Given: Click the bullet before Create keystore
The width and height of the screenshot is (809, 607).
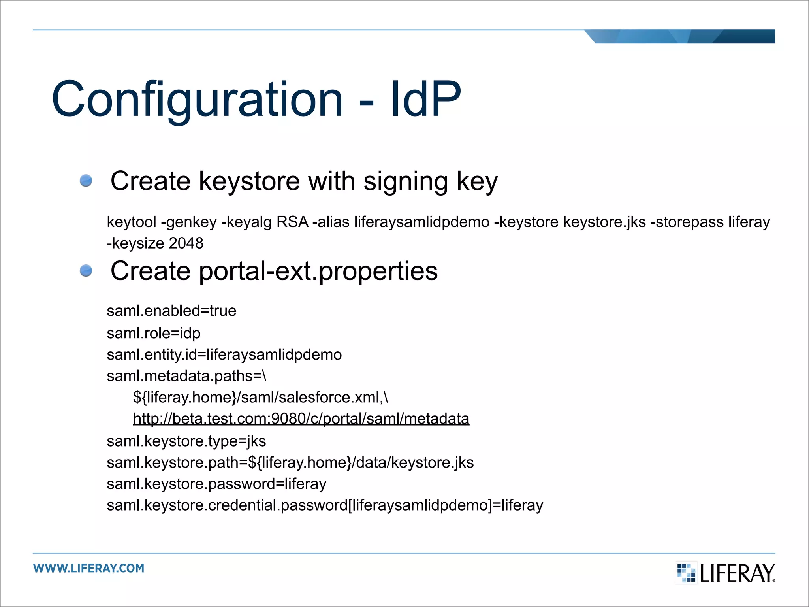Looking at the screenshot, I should pos(86,181).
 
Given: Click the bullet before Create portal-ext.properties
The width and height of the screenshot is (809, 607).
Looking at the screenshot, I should pos(86,271).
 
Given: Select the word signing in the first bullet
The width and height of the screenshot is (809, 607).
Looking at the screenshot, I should pos(405,181).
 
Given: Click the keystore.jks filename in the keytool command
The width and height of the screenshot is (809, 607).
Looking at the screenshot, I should pos(604,222).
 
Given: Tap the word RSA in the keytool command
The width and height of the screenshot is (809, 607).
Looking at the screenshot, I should pos(292,222).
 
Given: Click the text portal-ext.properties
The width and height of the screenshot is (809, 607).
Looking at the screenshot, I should pos(318,271).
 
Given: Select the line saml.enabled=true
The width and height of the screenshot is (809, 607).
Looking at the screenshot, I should pos(171,311).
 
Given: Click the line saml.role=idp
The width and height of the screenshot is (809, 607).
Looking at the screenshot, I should pos(153,333).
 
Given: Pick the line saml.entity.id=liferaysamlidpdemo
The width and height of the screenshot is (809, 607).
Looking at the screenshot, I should pos(224,354).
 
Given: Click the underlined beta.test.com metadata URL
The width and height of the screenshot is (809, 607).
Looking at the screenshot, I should pos(301,418).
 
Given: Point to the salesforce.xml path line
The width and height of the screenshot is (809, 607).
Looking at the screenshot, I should pos(260,397).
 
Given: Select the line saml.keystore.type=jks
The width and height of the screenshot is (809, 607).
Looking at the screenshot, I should pos(186,441).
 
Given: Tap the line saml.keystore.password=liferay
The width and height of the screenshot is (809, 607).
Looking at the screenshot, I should pos(216,484).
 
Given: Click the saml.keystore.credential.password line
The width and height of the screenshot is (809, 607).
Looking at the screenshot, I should pos(325,505).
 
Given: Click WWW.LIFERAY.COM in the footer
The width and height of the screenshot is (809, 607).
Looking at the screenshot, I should pos(89,568).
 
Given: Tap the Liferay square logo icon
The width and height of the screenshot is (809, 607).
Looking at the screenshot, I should pos(686,573).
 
